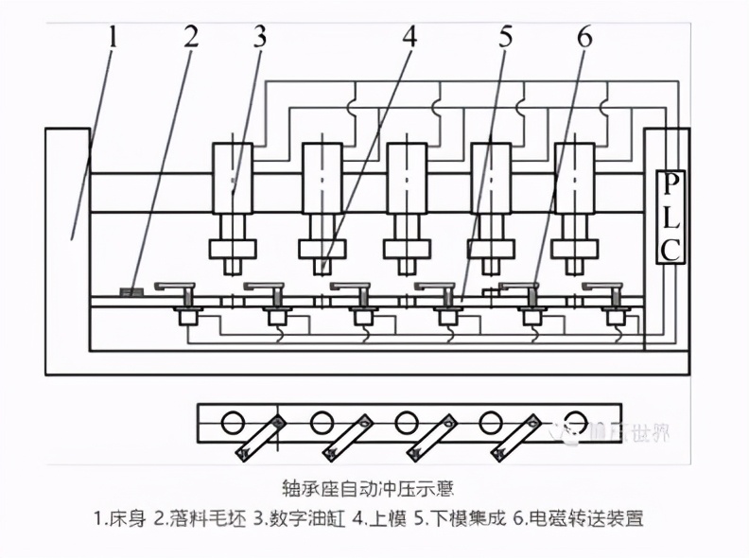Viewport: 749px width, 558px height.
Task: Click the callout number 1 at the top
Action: [x=112, y=39]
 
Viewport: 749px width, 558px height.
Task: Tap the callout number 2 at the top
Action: [x=191, y=38]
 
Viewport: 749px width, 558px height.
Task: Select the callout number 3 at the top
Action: [x=260, y=38]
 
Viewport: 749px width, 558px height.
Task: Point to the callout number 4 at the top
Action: [x=409, y=38]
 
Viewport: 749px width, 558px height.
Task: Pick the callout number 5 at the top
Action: [x=506, y=38]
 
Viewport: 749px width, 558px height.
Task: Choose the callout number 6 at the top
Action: [x=584, y=38]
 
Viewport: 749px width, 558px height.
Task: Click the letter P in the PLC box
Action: [x=671, y=181]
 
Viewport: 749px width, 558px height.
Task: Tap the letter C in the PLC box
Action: [x=671, y=250]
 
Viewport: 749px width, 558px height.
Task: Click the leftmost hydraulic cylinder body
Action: [x=232, y=177]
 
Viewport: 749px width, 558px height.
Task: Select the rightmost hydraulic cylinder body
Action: [x=574, y=177]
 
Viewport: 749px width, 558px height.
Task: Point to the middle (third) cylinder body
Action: [x=407, y=177]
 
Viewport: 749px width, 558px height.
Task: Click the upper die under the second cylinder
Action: [x=322, y=250]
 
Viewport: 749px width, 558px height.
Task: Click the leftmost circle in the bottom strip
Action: [x=234, y=422]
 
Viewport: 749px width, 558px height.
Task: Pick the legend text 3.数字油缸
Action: [x=301, y=518]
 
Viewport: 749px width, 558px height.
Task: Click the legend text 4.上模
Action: [x=384, y=518]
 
